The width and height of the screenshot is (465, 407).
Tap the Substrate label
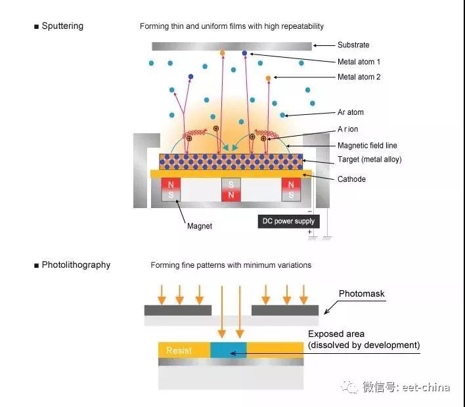(353, 45)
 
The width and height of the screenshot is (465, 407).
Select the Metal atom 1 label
(359, 62)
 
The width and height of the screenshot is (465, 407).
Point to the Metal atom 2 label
(359, 77)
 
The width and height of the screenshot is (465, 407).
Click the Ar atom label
(350, 112)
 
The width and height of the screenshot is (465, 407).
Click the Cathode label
(351, 179)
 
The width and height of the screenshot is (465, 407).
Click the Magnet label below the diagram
(200, 226)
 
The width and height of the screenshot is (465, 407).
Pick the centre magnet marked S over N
(231, 190)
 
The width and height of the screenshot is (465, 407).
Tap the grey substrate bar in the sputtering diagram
(231, 46)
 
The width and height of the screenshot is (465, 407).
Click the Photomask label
(361, 293)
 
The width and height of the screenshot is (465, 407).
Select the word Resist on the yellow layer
(179, 351)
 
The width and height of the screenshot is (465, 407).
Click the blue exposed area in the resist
(229, 350)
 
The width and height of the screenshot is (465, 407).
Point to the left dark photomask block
(178, 310)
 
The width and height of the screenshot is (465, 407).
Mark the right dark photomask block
(285, 310)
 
